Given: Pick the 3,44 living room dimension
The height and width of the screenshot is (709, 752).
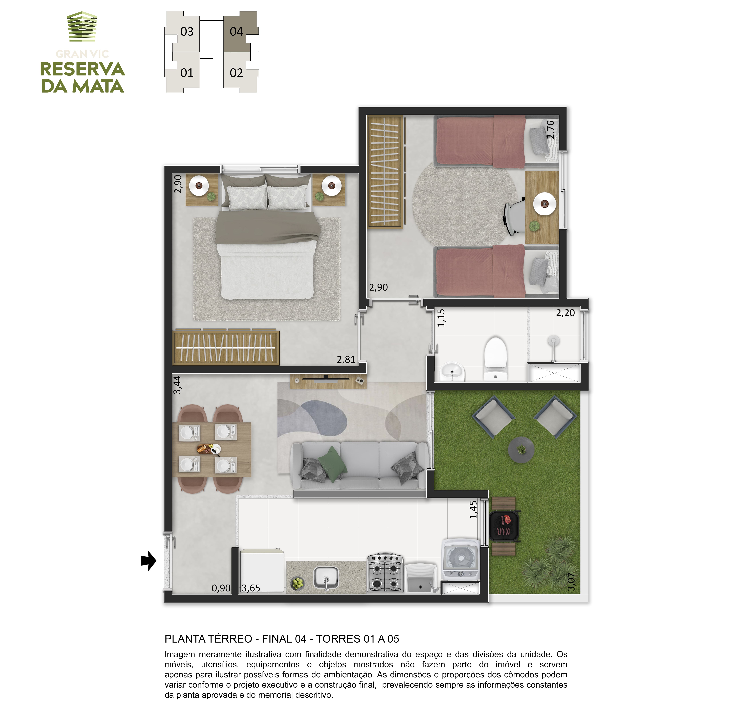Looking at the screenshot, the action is pyautogui.click(x=177, y=385).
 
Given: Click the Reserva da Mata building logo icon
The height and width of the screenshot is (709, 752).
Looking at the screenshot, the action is pyautogui.click(x=82, y=26).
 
